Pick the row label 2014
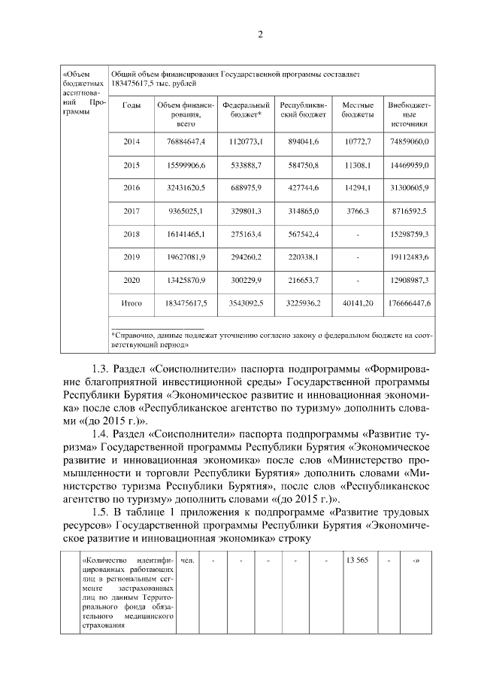132,141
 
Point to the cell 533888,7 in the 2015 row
243,164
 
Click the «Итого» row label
132,303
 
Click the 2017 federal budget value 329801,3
243,211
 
